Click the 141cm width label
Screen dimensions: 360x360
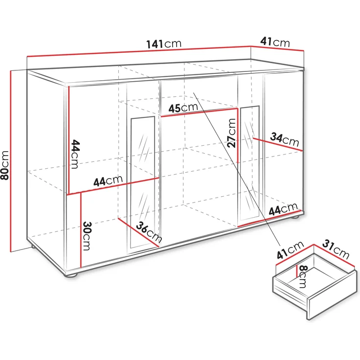(164, 44)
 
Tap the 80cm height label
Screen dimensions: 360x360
(4, 165)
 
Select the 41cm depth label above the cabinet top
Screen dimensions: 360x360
(275, 42)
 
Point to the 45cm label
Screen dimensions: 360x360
(183, 108)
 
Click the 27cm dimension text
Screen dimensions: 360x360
(231, 133)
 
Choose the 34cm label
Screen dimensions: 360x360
(285, 139)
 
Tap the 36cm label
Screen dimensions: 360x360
(149, 232)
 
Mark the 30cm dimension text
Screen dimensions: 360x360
(86, 236)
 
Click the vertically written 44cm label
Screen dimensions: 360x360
(75, 154)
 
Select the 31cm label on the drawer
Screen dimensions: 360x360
(336, 249)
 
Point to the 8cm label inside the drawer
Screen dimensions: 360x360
(303, 276)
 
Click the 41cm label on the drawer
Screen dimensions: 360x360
(290, 250)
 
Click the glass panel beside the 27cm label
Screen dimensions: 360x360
(250, 163)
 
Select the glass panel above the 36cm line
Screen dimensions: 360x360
(142, 182)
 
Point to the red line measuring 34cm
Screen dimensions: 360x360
(277, 144)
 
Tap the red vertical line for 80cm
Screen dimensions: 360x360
(11, 161)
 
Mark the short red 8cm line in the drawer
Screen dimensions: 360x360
(297, 271)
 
